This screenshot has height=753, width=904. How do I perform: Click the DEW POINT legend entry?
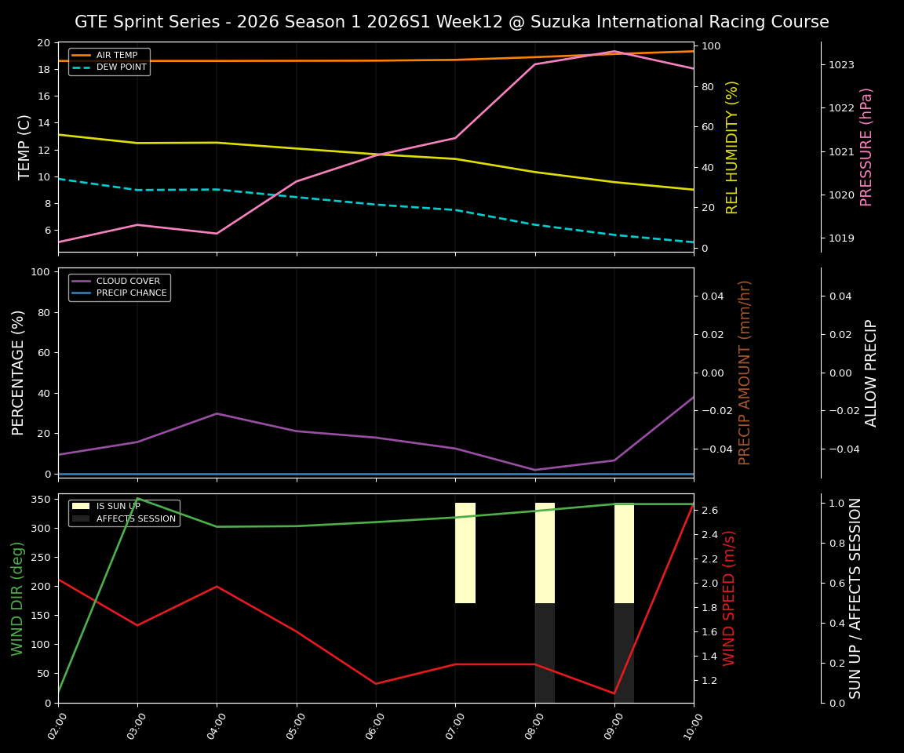click(x=121, y=67)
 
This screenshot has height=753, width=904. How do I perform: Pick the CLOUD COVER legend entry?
click(x=129, y=282)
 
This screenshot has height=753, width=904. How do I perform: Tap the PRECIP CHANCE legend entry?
click(x=132, y=293)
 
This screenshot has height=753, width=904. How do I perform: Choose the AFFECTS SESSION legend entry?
click(x=136, y=518)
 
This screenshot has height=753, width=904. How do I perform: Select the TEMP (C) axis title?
click(x=25, y=147)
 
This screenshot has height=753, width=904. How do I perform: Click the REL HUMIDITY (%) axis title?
click(x=732, y=147)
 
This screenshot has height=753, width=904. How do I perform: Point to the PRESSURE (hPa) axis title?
click(x=866, y=147)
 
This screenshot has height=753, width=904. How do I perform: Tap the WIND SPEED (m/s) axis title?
click(x=730, y=598)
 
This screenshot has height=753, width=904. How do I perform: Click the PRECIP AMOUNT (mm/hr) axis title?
click(x=745, y=373)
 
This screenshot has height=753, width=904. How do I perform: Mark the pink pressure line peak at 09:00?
click(x=614, y=51)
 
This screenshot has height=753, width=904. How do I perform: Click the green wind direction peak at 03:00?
click(x=137, y=498)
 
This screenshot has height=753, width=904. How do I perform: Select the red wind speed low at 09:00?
click(x=614, y=693)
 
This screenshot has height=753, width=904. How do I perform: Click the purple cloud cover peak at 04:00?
click(x=217, y=413)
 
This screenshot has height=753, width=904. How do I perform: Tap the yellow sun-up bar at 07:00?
click(x=465, y=553)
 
